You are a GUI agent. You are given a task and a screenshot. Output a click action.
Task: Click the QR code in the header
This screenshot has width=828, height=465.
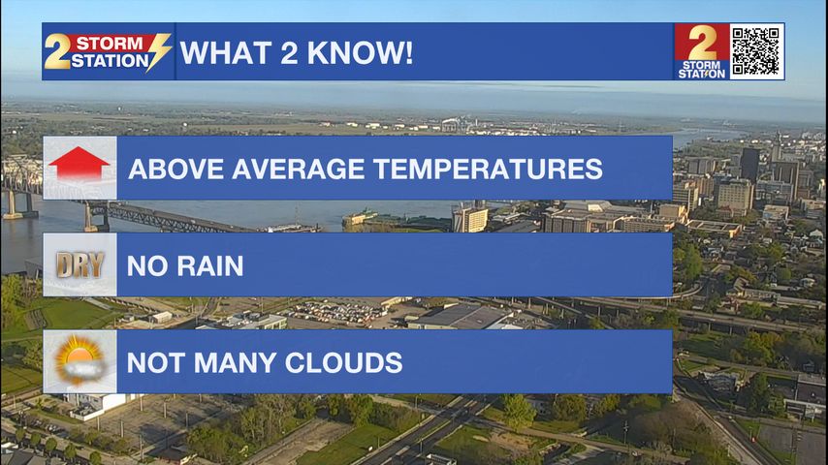pyautogui.click(x=756, y=51)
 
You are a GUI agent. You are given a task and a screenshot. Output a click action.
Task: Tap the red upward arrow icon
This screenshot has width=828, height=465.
pyautogui.click(x=79, y=164)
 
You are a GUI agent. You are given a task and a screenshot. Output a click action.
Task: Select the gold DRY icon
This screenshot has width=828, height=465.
pyautogui.click(x=80, y=265)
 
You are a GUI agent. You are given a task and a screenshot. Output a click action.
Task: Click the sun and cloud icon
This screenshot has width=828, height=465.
pyautogui.click(x=80, y=361)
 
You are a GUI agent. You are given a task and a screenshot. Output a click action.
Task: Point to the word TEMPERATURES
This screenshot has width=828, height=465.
pyautogui.click(x=488, y=169)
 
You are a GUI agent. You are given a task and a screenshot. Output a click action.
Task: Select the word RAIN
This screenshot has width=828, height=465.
pyautogui.click(x=209, y=266)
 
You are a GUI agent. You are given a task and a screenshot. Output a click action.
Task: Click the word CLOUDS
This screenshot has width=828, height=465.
pyautogui.click(x=343, y=363)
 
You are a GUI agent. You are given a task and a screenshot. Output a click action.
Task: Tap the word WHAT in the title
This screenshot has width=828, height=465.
pyautogui.click(x=227, y=52)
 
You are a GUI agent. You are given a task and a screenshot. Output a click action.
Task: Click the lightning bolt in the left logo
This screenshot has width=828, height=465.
pyautogui.click(x=158, y=52)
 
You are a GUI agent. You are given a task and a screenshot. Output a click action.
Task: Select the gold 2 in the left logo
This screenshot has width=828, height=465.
pyautogui.click(x=56, y=51)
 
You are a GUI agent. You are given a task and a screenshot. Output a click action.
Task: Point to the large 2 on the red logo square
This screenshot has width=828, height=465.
pyautogui.click(x=702, y=43)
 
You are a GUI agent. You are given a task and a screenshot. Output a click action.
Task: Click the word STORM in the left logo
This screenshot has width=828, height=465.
pyautogui.click(x=110, y=44)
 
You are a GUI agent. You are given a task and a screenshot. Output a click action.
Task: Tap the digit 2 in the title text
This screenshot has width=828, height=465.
pyautogui.click(x=290, y=52)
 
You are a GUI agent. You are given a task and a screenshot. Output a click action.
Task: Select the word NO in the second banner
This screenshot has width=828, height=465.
pyautogui.click(x=147, y=266)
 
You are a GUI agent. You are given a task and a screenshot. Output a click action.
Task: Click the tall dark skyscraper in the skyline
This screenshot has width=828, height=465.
pyautogui.click(x=749, y=164)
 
